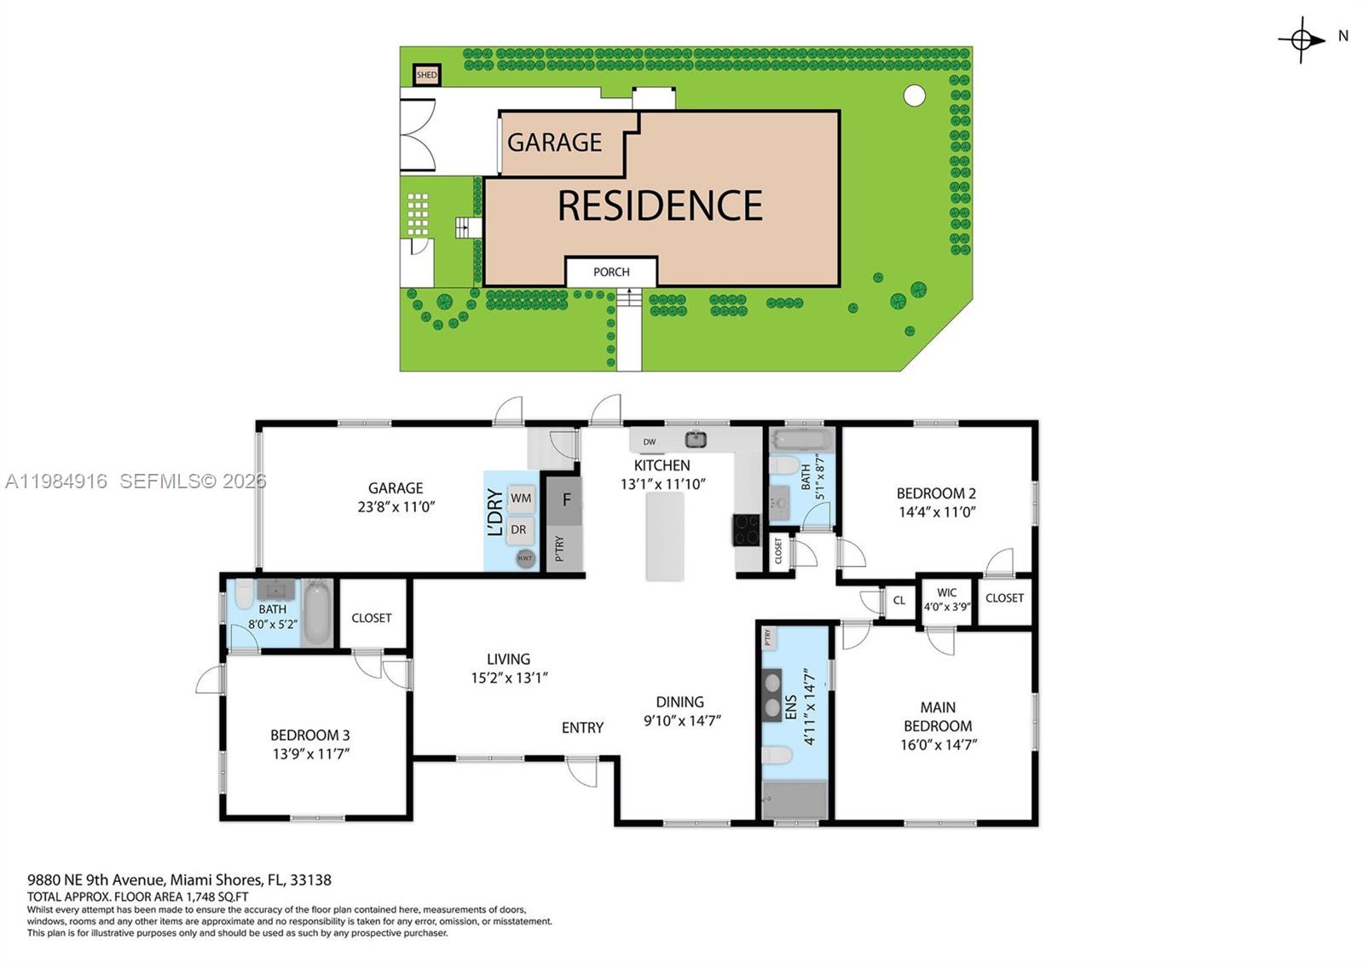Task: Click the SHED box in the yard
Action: click(x=426, y=75)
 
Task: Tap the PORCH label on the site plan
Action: click(x=611, y=272)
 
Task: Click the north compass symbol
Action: click(x=1301, y=39)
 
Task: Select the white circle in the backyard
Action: click(x=914, y=95)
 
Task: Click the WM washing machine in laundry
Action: click(x=521, y=499)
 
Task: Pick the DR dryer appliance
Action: click(x=518, y=529)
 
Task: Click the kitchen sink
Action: click(x=696, y=440)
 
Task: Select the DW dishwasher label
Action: click(x=650, y=441)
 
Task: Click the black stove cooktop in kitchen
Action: click(x=746, y=529)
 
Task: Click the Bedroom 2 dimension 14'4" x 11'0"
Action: click(x=936, y=512)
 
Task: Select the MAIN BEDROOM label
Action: click(x=938, y=717)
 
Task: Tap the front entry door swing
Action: click(x=583, y=771)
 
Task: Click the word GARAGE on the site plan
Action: click(x=554, y=142)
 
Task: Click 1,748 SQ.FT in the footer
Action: click(x=217, y=897)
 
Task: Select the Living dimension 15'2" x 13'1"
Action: click(x=509, y=678)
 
